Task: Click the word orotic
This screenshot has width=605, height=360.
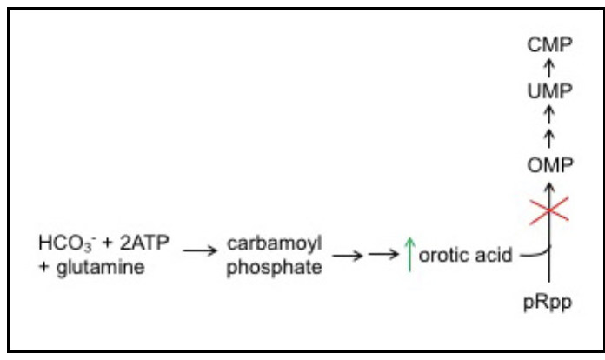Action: coord(442,257)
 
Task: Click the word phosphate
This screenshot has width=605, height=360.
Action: coord(273,267)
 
